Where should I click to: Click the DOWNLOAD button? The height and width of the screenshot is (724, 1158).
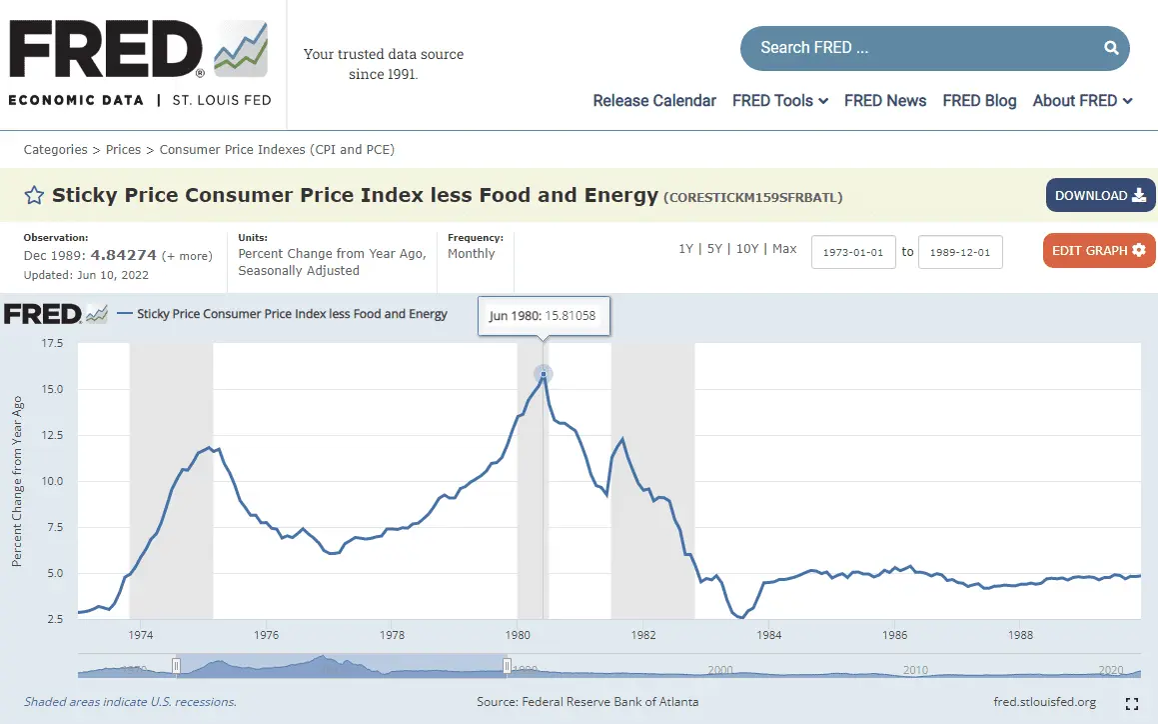(x=1100, y=195)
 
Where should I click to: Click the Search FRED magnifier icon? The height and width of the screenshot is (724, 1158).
(x=1111, y=48)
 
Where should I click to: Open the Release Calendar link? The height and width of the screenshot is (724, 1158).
(x=654, y=101)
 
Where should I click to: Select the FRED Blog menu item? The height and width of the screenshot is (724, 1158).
(x=979, y=101)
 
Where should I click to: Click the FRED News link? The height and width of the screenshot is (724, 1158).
(x=884, y=101)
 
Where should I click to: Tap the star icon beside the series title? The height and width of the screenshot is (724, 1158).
(x=34, y=196)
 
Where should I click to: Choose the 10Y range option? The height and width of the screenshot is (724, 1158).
(x=746, y=249)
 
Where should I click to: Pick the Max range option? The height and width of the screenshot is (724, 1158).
(x=784, y=249)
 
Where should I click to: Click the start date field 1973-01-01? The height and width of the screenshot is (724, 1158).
(x=852, y=252)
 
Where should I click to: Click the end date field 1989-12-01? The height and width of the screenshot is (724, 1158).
(x=959, y=252)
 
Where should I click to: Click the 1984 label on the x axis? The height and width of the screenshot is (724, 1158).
(x=768, y=635)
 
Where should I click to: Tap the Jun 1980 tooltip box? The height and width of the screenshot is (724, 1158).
(x=543, y=315)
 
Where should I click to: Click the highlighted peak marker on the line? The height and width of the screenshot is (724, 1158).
(x=544, y=375)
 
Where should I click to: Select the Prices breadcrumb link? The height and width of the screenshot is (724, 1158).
(x=123, y=150)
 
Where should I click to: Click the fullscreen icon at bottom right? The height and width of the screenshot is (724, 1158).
(x=1131, y=703)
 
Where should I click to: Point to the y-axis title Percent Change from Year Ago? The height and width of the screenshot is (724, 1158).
(x=17, y=481)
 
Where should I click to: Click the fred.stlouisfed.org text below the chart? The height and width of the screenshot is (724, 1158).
(x=1044, y=702)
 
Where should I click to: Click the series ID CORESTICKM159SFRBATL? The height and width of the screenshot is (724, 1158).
(x=752, y=198)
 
